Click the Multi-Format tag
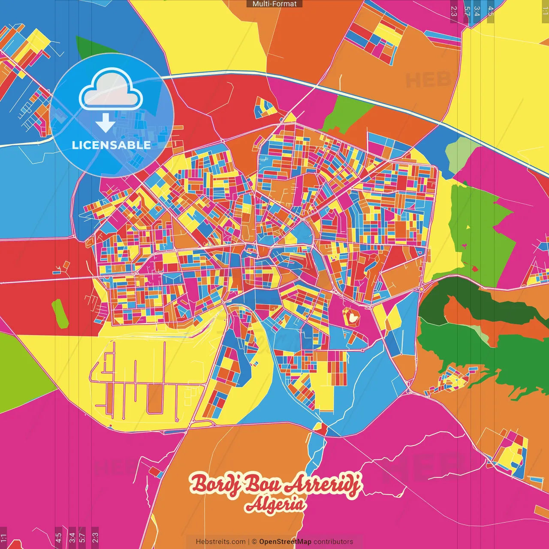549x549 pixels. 274,4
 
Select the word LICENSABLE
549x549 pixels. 112,145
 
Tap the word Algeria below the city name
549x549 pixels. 275,505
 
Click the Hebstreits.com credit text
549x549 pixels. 220,542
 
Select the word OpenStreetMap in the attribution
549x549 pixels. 285,542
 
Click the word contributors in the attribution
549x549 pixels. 333,542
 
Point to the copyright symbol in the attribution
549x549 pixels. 254,542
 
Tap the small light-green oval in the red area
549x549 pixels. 60,314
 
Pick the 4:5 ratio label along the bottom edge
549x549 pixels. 58,537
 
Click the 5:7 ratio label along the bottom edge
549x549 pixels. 82,537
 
